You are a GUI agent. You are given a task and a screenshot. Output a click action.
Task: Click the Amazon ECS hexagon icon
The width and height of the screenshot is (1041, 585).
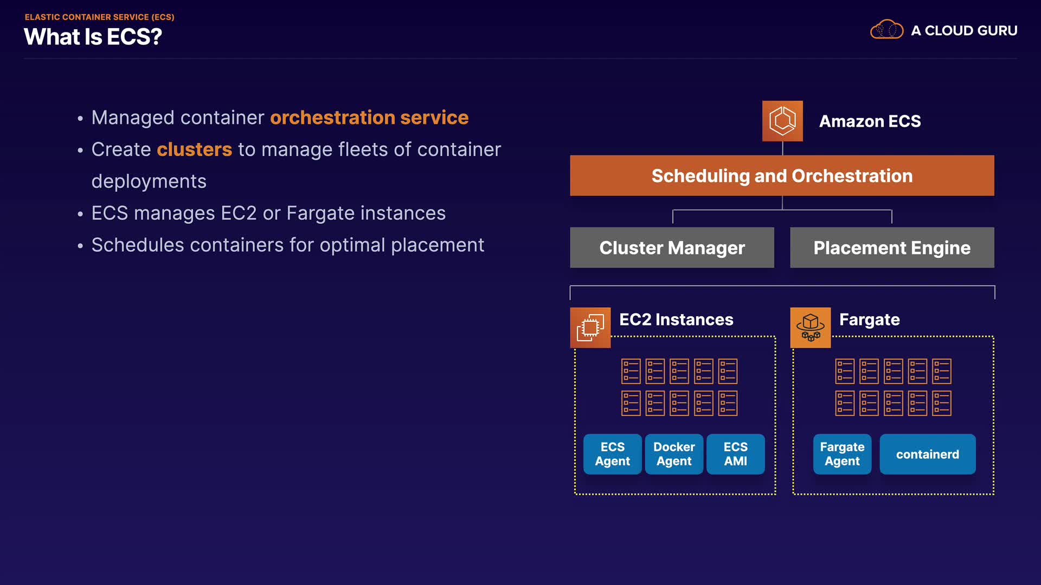point(782,121)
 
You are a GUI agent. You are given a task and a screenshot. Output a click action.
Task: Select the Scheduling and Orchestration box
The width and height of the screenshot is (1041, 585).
point(782,175)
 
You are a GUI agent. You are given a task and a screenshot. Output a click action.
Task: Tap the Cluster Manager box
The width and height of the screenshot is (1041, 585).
point(672,248)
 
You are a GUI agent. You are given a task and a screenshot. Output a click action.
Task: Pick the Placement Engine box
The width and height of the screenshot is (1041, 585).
point(892,248)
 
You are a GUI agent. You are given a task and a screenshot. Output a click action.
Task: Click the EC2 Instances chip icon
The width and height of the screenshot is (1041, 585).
point(590,328)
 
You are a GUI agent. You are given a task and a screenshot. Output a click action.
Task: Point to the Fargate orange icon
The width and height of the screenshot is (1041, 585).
point(810,328)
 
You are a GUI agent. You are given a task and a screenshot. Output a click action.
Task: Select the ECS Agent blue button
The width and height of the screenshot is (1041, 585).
point(613,454)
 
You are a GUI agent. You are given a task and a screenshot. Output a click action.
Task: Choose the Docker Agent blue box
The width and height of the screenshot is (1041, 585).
point(674,454)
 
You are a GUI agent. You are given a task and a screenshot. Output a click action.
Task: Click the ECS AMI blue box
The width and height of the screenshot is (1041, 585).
point(736,454)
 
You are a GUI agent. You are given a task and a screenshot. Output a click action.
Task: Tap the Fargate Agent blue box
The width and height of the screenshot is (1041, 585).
point(842,454)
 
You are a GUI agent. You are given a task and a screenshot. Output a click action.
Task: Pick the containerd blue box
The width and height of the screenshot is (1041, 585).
point(928,454)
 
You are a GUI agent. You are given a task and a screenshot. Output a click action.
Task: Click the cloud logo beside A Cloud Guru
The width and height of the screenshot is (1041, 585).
point(886,29)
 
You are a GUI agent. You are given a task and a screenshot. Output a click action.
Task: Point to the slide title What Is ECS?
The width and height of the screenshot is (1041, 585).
point(93,37)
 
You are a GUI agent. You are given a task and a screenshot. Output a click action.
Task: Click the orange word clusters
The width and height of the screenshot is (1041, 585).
point(194,149)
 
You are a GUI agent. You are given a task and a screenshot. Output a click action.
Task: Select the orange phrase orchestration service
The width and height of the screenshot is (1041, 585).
point(369,118)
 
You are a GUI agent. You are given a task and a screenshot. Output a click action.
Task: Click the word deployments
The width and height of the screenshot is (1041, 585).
point(149,181)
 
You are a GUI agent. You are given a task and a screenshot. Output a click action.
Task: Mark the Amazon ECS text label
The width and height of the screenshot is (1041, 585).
point(870,121)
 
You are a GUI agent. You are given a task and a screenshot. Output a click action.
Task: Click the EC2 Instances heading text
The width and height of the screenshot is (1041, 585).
point(676,320)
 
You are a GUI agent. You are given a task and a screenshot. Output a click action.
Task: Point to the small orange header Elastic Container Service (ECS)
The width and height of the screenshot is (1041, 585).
point(99,17)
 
